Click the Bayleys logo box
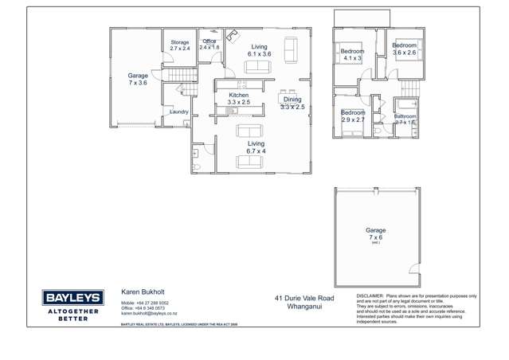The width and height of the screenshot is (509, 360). [72, 298]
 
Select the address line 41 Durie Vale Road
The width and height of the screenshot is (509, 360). [304, 298]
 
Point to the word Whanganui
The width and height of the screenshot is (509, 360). [304, 306]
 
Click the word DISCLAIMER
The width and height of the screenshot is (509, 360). [370, 295]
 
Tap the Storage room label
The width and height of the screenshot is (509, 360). [179, 42]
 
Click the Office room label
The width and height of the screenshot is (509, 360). [209, 41]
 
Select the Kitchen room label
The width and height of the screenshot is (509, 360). [239, 95]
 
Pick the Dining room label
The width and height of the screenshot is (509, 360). [292, 99]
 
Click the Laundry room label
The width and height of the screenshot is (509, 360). [179, 112]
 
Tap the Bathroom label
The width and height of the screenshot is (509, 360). [405, 116]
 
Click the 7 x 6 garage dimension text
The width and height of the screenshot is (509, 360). [375, 237]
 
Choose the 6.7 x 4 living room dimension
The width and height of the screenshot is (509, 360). [256, 151]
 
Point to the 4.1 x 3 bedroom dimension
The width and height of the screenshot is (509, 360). [352, 58]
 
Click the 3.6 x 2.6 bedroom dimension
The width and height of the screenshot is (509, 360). [404, 53]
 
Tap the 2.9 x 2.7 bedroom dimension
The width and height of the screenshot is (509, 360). [353, 119]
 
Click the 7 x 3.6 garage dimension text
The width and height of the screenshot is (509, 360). [137, 83]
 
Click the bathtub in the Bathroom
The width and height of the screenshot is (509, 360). [405, 104]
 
